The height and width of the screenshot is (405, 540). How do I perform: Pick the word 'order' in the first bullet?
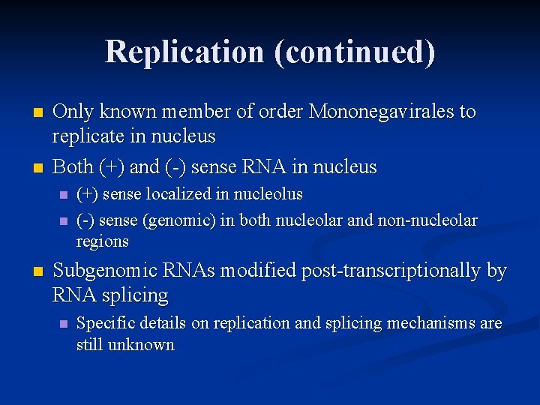tap(277, 112)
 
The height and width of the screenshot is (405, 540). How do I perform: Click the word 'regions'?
tap(103, 241)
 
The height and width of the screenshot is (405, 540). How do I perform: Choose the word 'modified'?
tap(259, 271)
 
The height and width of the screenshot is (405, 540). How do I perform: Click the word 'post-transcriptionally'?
tap(391, 271)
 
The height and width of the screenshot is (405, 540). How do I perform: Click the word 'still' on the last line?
tap(90, 345)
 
